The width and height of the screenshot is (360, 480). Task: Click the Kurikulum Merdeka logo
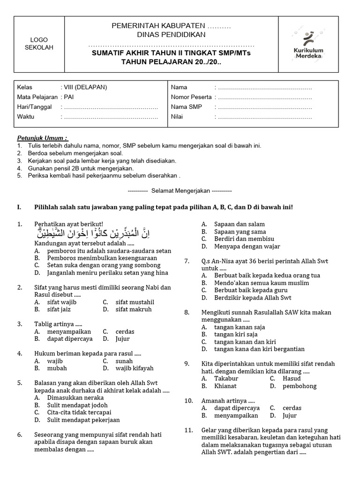pyautogui.click(x=308, y=45)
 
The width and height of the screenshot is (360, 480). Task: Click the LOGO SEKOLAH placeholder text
pyautogui.click(x=39, y=44)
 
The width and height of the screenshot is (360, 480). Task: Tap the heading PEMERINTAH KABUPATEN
pyautogui.click(x=171, y=26)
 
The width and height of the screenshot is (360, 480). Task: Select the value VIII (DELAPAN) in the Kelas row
pyautogui.click(x=84, y=87)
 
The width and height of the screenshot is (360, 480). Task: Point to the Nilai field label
pyautogui.click(x=177, y=117)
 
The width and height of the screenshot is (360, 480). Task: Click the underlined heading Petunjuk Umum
pyautogui.click(x=43, y=138)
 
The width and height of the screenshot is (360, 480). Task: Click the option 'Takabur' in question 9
pyautogui.click(x=226, y=378)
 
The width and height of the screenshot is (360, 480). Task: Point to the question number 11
pyautogui.click(x=188, y=430)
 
